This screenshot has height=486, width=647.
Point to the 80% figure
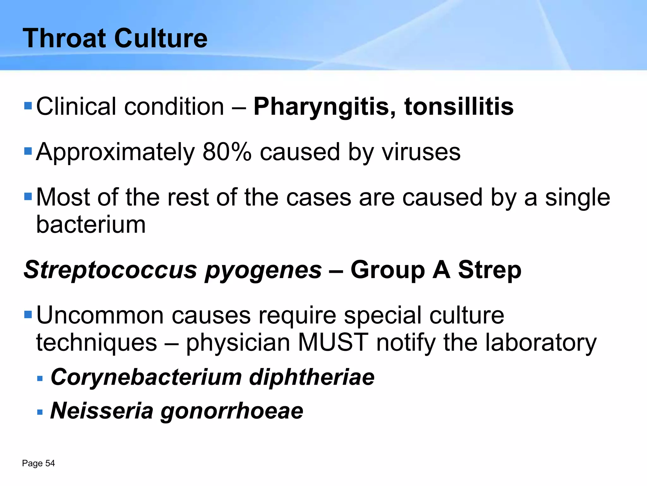point(227,152)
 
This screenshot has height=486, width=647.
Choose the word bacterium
point(91,224)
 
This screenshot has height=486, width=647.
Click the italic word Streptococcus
point(110,270)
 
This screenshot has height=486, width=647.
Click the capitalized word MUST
point(333,342)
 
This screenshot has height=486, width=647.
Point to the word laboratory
point(541,343)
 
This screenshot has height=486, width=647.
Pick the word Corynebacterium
point(146,377)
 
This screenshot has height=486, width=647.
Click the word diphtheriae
point(311,377)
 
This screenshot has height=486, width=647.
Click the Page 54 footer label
point(38,464)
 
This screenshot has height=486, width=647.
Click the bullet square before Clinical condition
point(28,105)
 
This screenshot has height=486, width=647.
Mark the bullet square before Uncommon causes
point(28,315)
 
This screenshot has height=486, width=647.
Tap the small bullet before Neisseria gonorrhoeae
point(40,412)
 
